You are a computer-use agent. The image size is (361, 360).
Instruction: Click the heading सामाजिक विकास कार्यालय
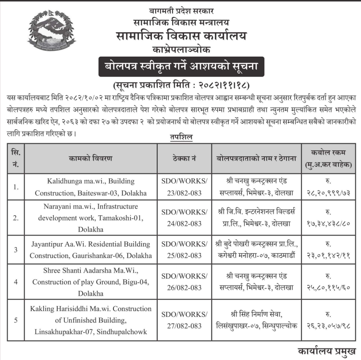tap(181, 36)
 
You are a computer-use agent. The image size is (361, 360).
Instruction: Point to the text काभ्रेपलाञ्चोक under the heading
tap(181, 50)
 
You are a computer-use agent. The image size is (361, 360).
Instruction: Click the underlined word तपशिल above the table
tap(181, 137)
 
